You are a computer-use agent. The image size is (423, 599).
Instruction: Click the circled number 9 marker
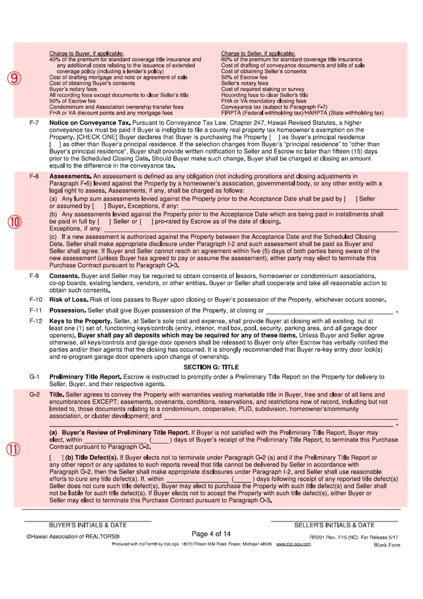[x=15, y=78]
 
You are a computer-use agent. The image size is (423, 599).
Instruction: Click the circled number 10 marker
[x=15, y=222]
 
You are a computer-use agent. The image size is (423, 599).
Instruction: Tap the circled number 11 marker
[x=15, y=449]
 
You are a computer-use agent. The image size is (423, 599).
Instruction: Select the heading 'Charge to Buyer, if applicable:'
[x=87, y=53]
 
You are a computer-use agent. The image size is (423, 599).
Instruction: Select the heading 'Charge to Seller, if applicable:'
[x=258, y=53]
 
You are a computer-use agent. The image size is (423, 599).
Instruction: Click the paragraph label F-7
[x=34, y=124]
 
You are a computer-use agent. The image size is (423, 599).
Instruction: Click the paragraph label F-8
[x=34, y=177]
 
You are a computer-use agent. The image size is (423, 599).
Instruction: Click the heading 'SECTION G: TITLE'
[x=211, y=367]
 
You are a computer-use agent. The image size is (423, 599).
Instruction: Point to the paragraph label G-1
[x=34, y=377]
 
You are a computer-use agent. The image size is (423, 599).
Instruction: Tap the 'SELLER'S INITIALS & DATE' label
[x=334, y=525]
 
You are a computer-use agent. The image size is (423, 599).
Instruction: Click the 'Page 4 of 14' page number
[x=211, y=533]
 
